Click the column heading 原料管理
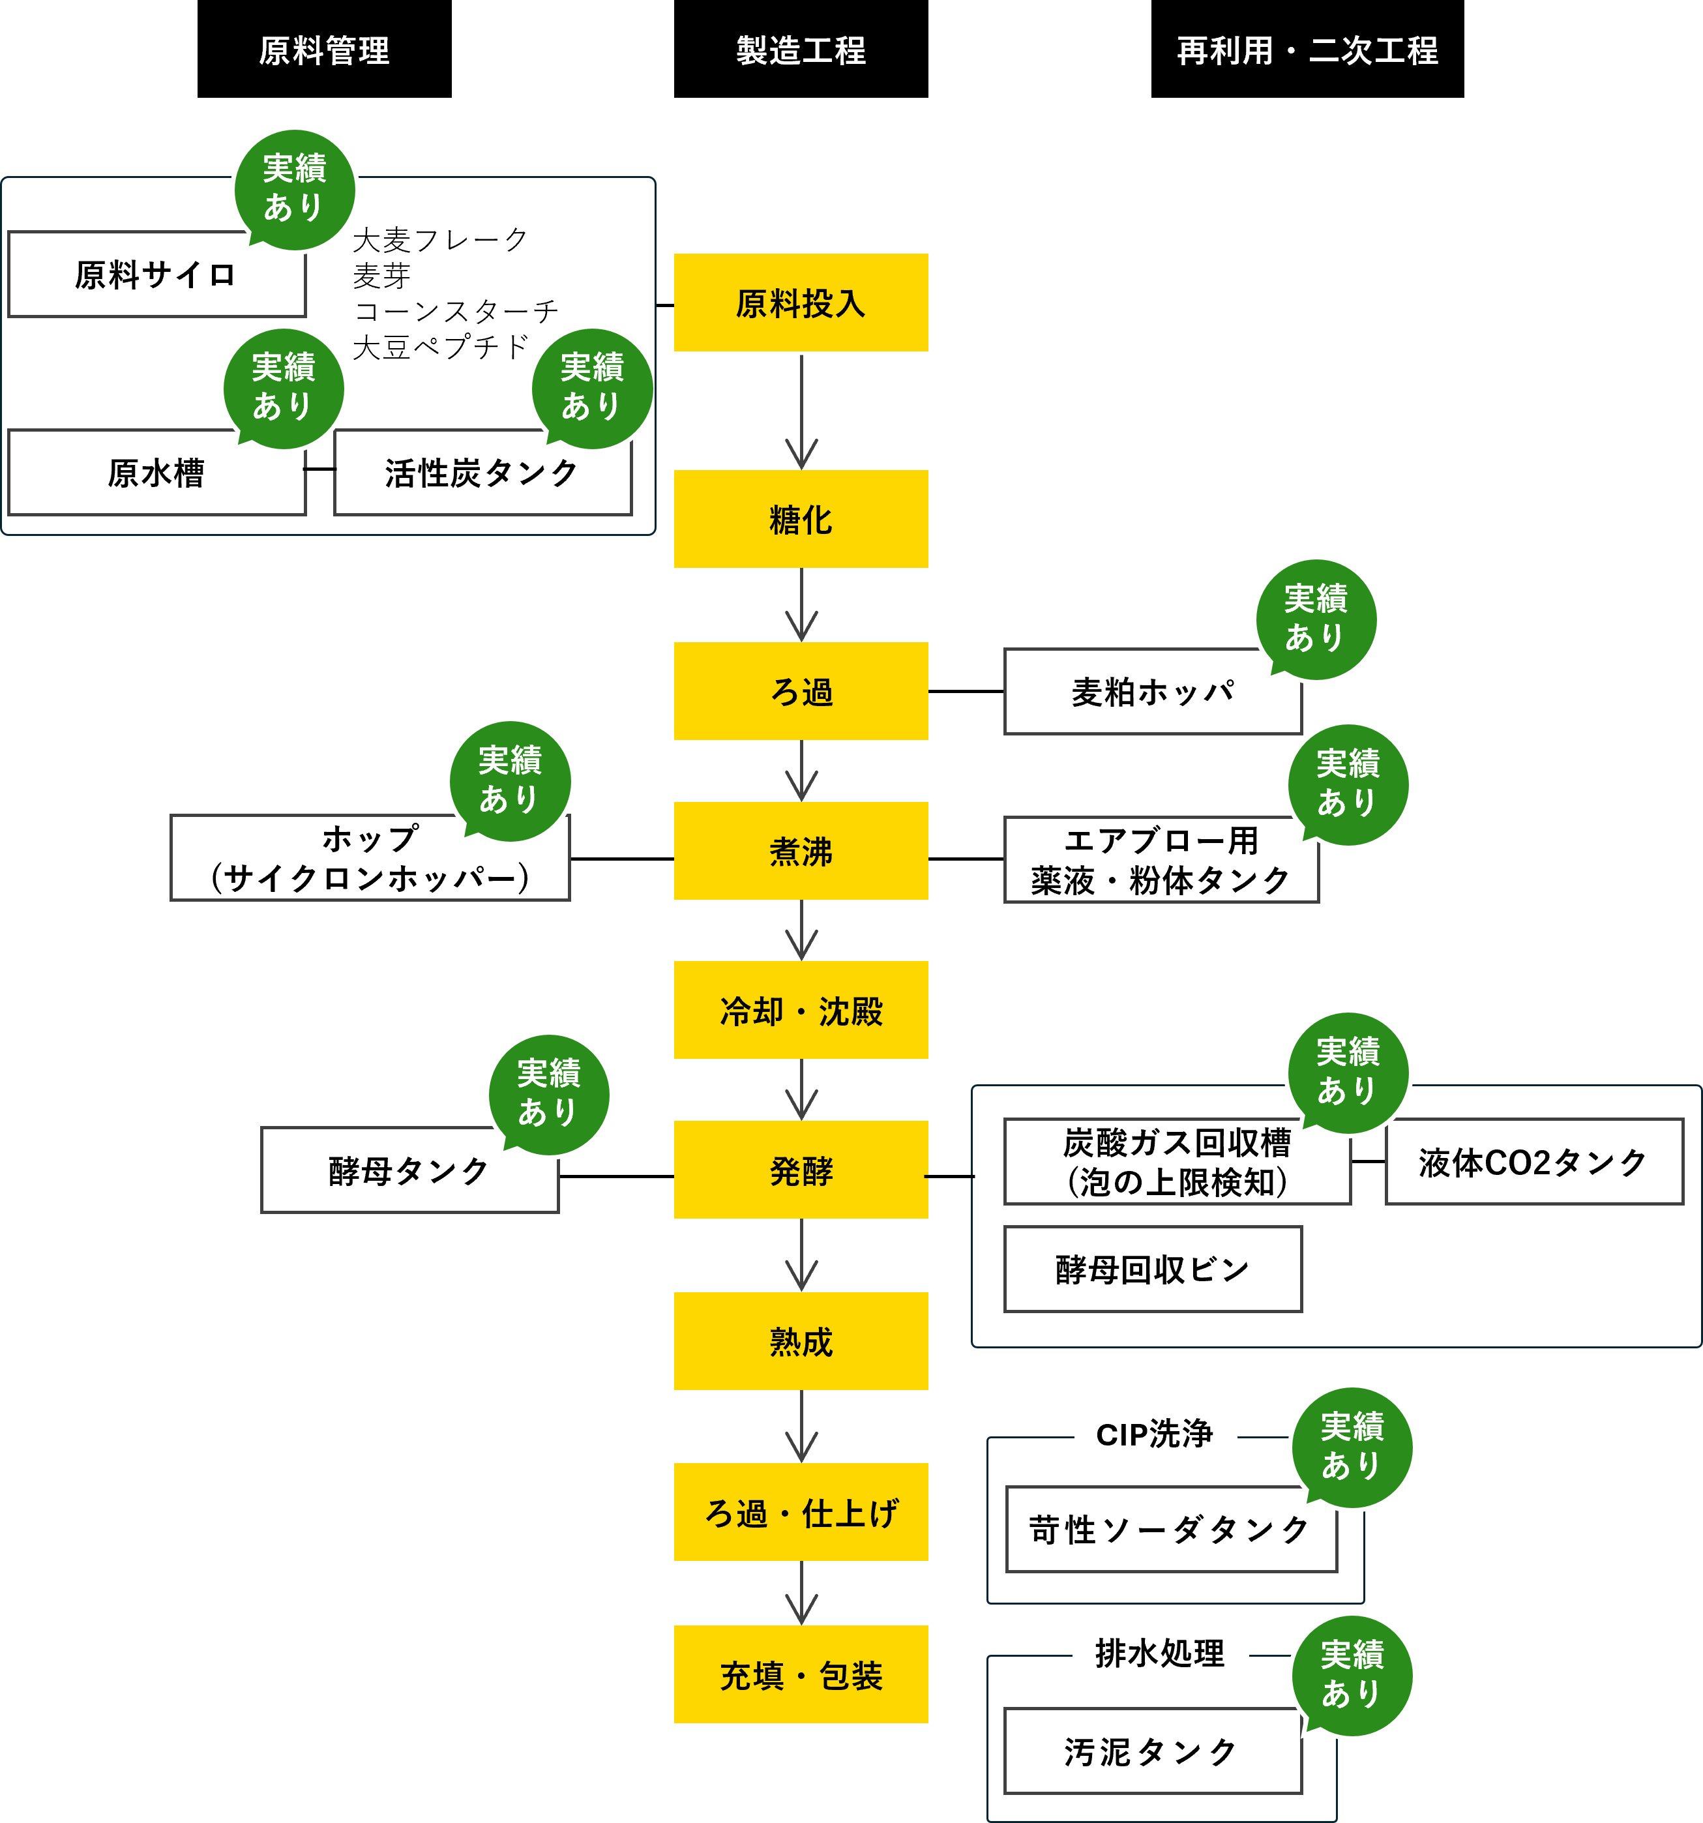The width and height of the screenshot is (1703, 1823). click(324, 50)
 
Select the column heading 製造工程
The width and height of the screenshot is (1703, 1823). click(801, 50)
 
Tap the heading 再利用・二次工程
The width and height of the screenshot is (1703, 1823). click(1307, 50)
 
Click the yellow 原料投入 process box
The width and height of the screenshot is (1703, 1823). click(801, 303)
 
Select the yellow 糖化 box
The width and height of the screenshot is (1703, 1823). click(801, 519)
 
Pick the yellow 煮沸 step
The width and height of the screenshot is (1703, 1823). click(801, 851)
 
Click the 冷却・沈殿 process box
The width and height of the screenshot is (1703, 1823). click(801, 1011)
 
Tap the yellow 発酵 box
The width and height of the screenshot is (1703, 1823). click(801, 1170)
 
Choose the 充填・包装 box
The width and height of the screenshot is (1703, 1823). click(801, 1674)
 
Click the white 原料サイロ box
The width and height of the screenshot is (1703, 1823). click(156, 275)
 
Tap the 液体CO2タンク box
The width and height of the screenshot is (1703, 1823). click(1533, 1163)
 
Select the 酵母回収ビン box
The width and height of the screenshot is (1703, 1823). click(1152, 1270)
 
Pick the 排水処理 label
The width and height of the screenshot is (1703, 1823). click(1160, 1654)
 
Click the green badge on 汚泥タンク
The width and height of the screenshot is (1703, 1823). click(1352, 1674)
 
